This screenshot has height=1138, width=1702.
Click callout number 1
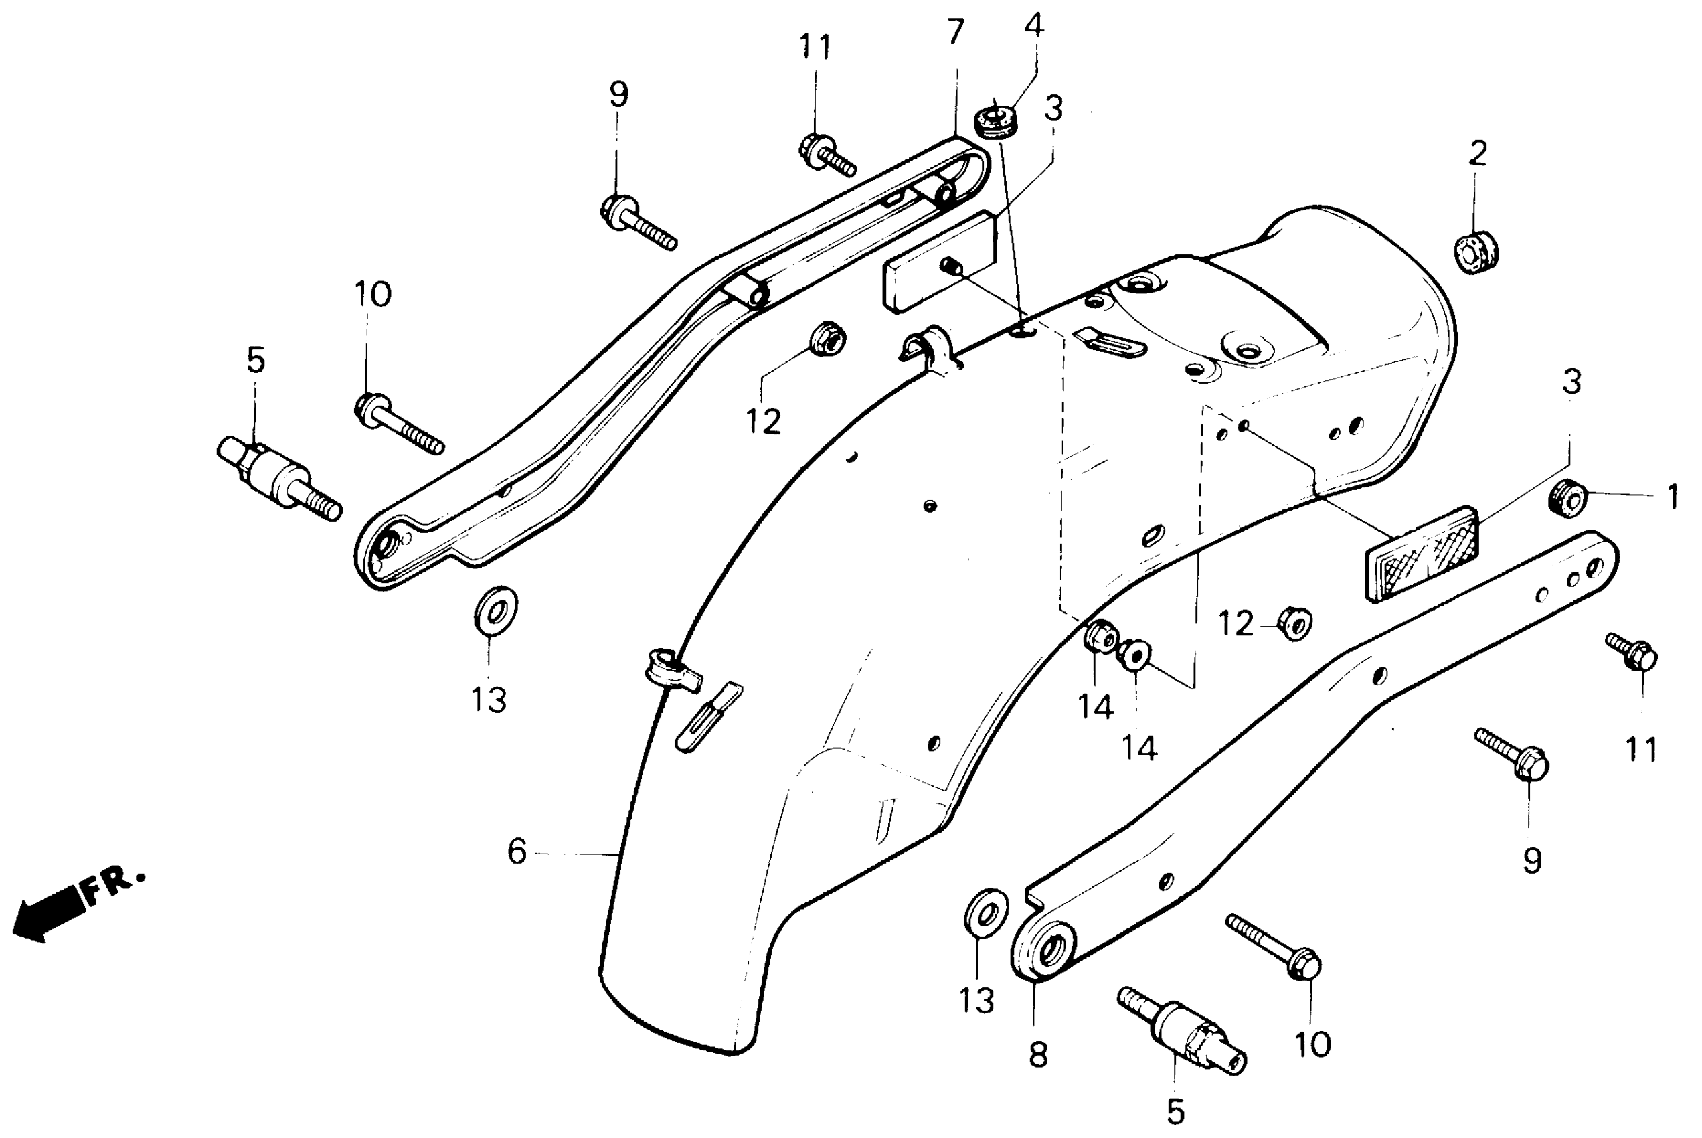1673,498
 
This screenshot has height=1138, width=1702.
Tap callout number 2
1477,153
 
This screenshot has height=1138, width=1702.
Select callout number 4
1034,25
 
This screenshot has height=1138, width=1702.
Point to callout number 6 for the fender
517,852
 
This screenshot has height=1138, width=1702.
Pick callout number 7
956,33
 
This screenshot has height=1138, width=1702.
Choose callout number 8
1038,1055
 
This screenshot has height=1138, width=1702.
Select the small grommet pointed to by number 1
1567,499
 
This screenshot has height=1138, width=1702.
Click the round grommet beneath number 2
1476,252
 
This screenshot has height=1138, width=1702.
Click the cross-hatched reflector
1422,553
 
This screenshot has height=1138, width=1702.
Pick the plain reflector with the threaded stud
940,262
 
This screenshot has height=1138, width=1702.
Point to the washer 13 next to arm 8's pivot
985,915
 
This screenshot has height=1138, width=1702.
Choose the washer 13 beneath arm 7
495,610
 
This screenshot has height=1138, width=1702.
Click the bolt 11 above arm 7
827,155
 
